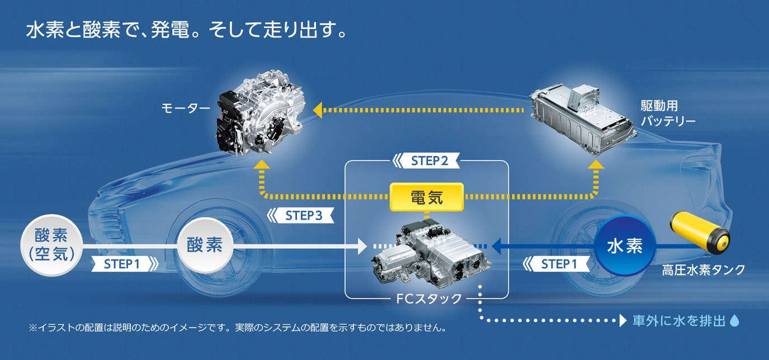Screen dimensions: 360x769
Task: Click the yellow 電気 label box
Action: tap(427, 197)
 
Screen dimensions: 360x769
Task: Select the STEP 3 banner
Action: tap(300, 215)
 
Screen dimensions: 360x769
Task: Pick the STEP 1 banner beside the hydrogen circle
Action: tap(557, 264)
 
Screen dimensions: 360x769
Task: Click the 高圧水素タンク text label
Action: tap(704, 270)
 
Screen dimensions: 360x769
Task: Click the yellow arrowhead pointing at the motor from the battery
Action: tap(318, 110)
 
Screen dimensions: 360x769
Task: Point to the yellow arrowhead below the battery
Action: tap(596, 164)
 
